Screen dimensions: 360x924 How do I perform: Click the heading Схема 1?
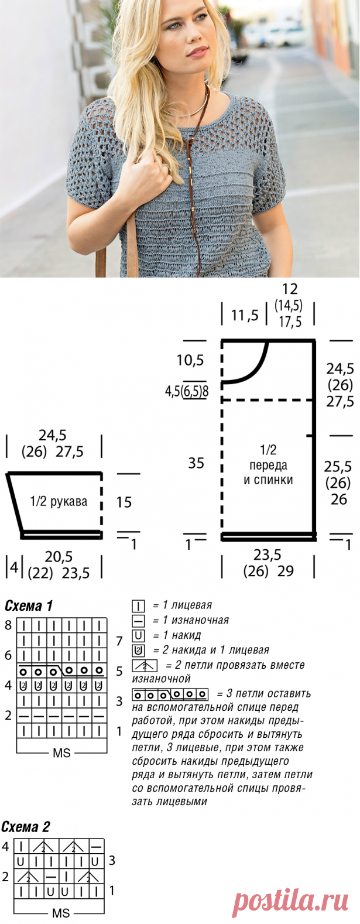[x=29, y=605]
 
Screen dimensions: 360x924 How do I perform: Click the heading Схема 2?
[x=26, y=827]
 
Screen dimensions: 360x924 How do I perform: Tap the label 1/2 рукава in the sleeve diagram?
[x=58, y=501]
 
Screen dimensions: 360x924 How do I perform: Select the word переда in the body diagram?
[x=268, y=466]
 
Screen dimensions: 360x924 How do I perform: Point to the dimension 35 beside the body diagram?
[x=196, y=463]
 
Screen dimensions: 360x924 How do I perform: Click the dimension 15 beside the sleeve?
[x=124, y=502]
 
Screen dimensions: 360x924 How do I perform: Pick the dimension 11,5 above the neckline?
[x=245, y=316]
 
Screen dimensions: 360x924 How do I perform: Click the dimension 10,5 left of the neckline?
[x=190, y=360]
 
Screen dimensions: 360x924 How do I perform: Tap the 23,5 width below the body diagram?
[x=267, y=555]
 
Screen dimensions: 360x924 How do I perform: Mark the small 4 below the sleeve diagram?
[x=14, y=567]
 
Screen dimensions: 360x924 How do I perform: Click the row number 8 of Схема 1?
[x=8, y=625]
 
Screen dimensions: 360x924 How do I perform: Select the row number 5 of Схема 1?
[x=119, y=671]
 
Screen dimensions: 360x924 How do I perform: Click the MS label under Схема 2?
[x=61, y=913]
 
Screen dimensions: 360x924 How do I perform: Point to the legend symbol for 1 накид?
[x=138, y=635]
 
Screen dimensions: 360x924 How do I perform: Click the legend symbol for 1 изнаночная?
[x=138, y=621]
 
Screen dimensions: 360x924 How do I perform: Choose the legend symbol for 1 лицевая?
[x=138, y=605]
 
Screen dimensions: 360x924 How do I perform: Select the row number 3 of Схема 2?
[x=112, y=861]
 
